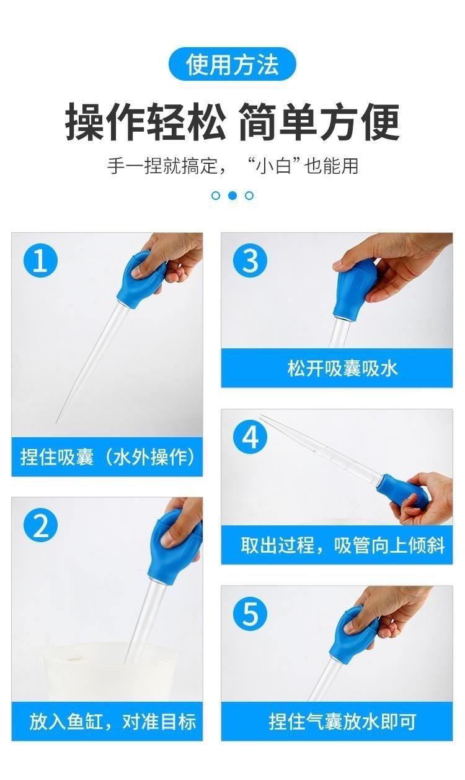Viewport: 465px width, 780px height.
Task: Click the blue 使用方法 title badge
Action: [232, 65]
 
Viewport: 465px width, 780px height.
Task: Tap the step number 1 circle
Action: [40, 260]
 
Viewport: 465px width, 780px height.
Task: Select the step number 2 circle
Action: [40, 525]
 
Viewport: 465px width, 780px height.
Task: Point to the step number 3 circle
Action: [250, 260]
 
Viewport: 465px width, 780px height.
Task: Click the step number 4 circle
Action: [250, 437]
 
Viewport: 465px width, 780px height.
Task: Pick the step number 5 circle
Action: [250, 613]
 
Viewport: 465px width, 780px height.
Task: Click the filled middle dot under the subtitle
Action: [232, 196]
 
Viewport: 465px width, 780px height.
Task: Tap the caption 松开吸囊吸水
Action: [342, 368]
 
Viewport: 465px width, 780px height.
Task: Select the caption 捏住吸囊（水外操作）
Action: [107, 457]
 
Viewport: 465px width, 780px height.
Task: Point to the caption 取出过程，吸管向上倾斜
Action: [343, 545]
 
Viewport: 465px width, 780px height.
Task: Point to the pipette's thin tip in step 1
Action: [56, 423]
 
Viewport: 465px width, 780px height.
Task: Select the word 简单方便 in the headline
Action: [319, 122]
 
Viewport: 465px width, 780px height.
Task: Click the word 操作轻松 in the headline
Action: [146, 122]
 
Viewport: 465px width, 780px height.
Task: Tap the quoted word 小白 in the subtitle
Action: [272, 166]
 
